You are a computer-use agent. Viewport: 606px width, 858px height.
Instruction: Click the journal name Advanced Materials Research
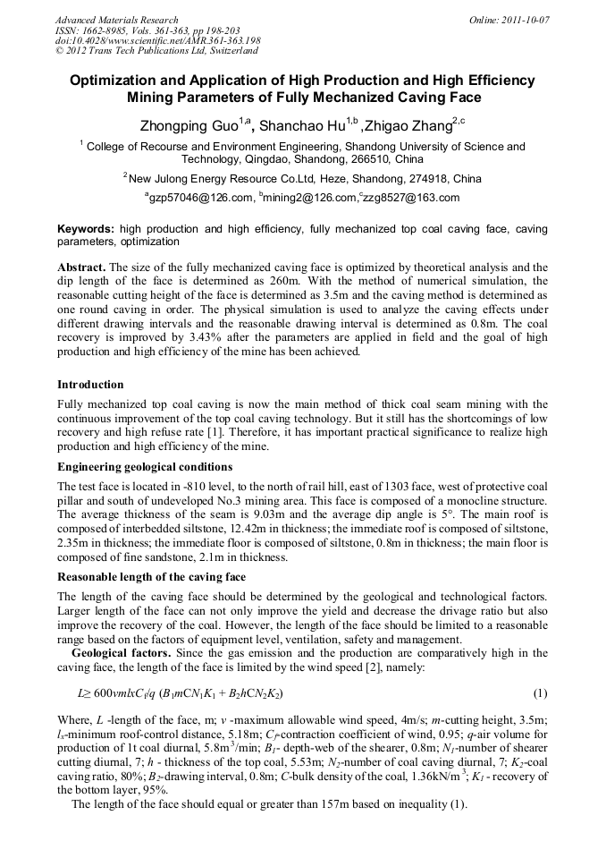point(116,19)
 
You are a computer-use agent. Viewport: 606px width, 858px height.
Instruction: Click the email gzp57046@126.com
point(199,198)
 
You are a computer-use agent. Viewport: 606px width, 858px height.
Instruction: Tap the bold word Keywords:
point(86,229)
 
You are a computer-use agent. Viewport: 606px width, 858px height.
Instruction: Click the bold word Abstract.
point(82,268)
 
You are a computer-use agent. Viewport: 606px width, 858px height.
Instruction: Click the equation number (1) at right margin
point(540,693)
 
